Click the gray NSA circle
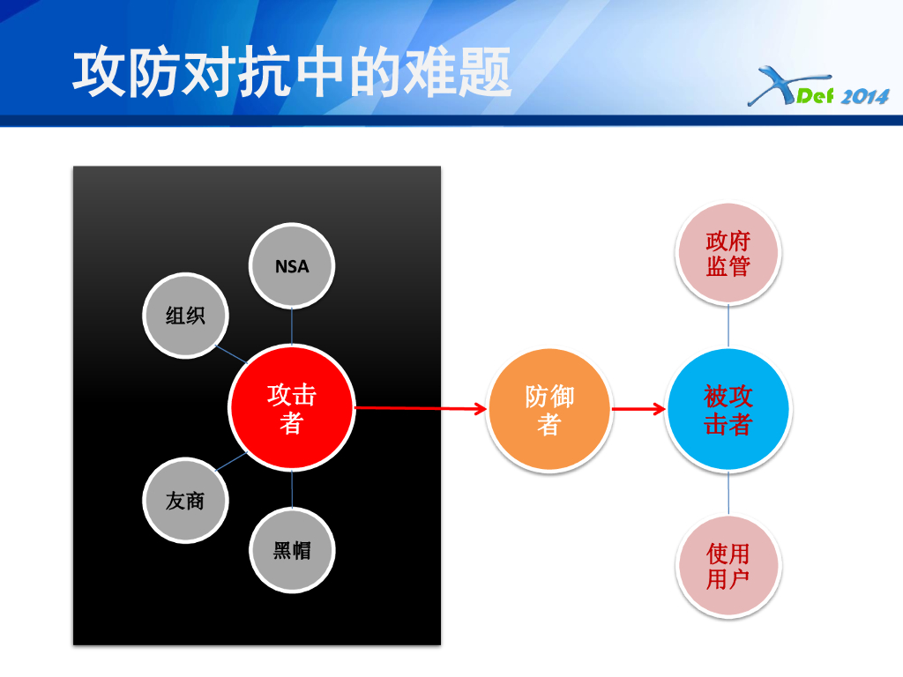coord(292,265)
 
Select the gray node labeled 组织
coord(185,316)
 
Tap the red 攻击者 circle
coord(291,408)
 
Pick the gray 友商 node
coord(185,500)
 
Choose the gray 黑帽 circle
coord(292,551)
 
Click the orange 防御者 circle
coord(549,410)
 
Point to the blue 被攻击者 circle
coord(728,410)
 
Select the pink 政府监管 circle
coord(728,254)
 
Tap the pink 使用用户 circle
coord(728,566)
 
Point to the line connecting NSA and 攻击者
coord(292,326)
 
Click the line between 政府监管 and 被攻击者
coord(728,326)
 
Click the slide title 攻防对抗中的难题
coord(292,73)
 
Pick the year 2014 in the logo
coord(864,97)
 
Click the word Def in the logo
coord(815,95)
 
